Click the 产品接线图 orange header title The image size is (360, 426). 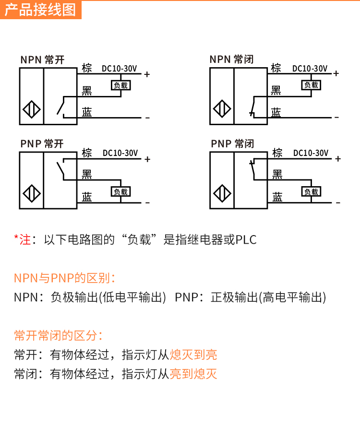[41, 10]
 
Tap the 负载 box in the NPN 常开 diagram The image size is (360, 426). [120, 85]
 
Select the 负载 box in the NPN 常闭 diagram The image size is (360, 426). [311, 85]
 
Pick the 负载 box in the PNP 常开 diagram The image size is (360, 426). [120, 191]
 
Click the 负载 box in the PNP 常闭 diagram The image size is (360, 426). [311, 191]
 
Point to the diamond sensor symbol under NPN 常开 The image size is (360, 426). [31, 109]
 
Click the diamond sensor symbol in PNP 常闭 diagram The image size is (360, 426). [222, 193]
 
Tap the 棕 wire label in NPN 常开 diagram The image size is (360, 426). [87, 68]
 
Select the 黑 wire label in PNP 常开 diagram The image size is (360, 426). [87, 174]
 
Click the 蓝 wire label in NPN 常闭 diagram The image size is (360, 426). [276, 112]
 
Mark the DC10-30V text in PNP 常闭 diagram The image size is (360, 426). [311, 153]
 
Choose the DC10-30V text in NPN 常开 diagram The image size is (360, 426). [120, 69]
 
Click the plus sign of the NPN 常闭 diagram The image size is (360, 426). [336, 73]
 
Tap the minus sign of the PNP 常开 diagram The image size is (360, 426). [147, 203]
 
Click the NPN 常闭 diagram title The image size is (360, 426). [231, 59]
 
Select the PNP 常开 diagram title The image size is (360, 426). [42, 143]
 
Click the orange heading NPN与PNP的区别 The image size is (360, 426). [64, 278]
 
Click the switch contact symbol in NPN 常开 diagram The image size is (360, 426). [61, 106]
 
